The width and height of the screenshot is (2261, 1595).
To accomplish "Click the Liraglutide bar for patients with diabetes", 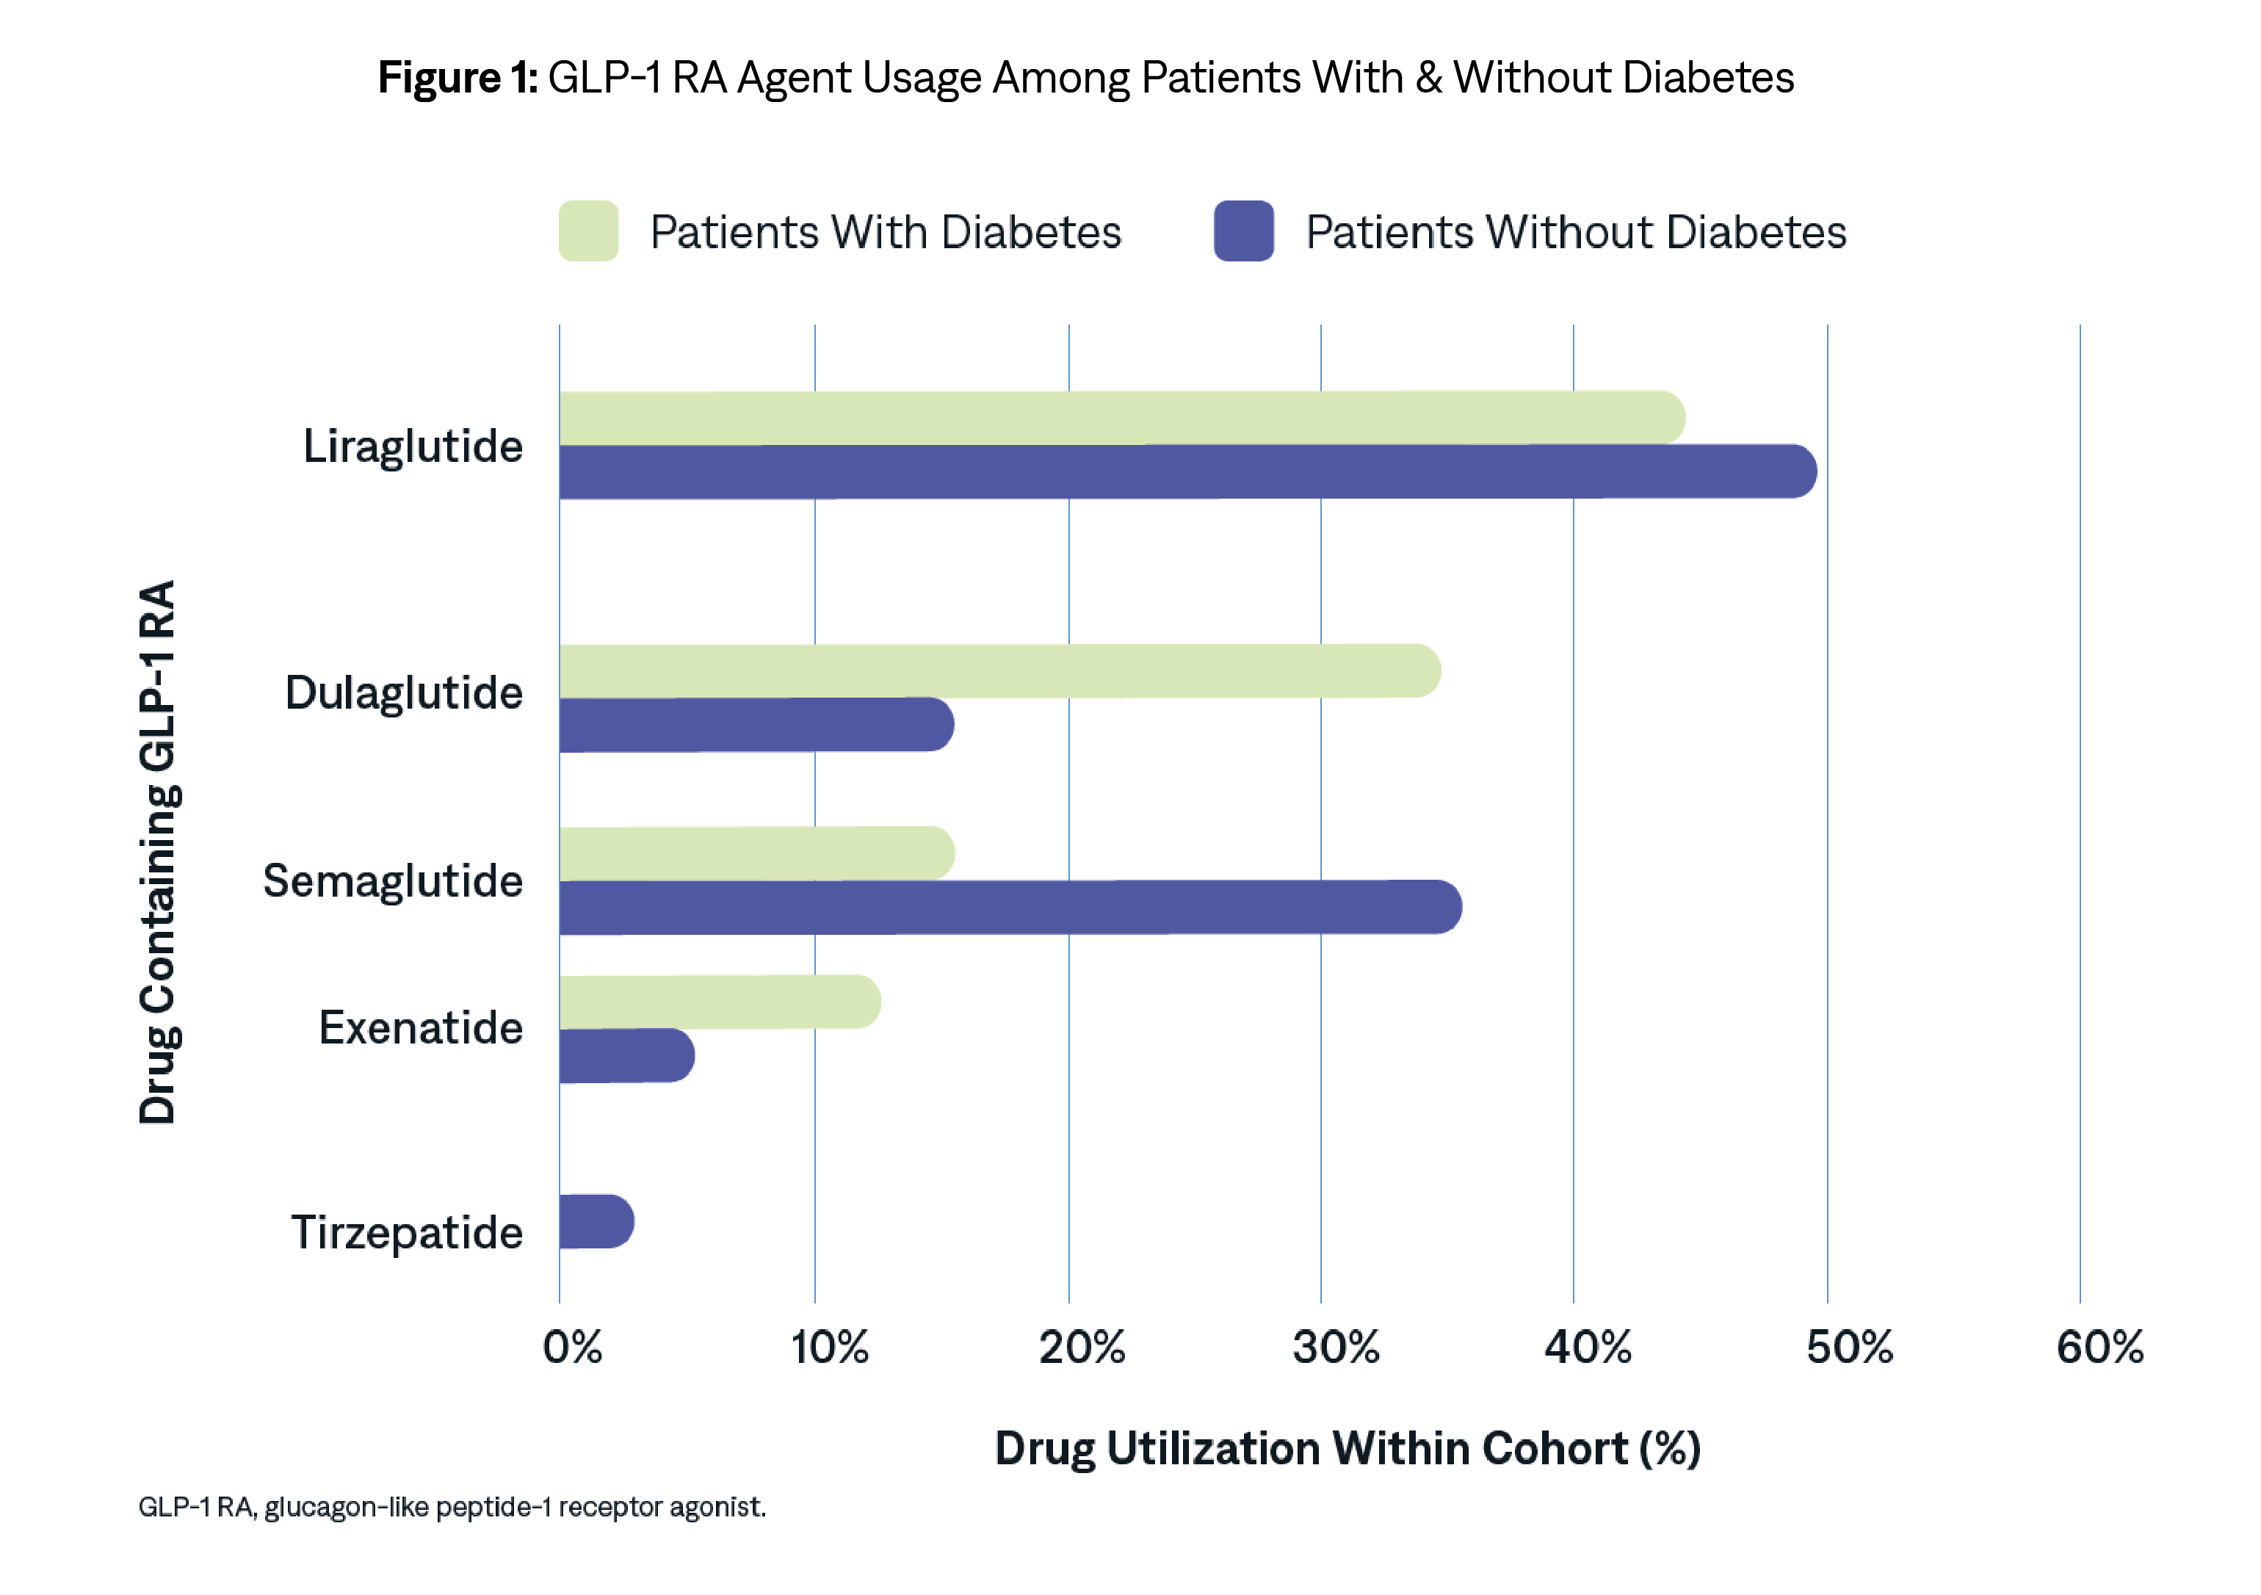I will [1121, 417].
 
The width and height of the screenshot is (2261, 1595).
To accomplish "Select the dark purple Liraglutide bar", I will [1187, 471].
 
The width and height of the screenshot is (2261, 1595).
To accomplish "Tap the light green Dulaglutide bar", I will [999, 671].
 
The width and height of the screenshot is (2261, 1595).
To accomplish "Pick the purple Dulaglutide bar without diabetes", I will [756, 725].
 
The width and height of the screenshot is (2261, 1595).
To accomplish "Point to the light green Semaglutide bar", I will [756, 853].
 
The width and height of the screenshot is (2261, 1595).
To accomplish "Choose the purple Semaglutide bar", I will [1010, 907].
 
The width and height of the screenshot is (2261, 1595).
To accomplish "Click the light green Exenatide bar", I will [719, 1002].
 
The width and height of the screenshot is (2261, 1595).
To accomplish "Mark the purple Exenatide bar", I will [626, 1055].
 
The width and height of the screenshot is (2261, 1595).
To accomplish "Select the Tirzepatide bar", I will [596, 1222].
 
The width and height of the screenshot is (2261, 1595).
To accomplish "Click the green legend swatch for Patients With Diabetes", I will [588, 231].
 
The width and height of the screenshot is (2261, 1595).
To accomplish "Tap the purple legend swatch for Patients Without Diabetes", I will [1244, 231].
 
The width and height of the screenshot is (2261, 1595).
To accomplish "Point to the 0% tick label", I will [572, 1348].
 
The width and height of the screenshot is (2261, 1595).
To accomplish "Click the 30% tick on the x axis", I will [1335, 1348].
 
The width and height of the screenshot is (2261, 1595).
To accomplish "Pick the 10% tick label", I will [829, 1348].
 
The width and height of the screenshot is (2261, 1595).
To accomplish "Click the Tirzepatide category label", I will [407, 1233].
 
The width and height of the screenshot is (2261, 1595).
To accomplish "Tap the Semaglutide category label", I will [392, 881].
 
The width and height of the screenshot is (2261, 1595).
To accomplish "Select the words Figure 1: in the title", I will [458, 78].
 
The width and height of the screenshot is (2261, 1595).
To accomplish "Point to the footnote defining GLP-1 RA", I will [452, 1508].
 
